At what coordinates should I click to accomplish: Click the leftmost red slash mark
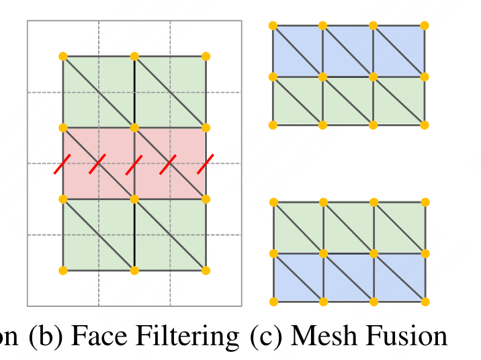[63, 164]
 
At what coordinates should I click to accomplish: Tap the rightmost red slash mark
[206, 164]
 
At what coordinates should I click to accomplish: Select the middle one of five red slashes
[134, 164]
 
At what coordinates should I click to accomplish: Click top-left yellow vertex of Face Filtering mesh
[63, 56]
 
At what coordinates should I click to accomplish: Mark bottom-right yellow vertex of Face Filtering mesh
[206, 271]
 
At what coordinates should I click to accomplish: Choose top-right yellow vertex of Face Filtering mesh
[206, 56]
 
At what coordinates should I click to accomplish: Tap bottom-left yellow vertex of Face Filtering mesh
[63, 271]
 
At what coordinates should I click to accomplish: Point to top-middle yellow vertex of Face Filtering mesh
[134, 56]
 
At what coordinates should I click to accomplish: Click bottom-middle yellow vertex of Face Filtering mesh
[134, 271]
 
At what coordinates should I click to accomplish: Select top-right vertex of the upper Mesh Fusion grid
[425, 26]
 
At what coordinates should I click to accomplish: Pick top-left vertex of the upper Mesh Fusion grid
[273, 26]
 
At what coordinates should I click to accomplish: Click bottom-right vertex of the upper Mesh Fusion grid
[425, 125]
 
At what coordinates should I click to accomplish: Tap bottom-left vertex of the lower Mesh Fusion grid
[273, 302]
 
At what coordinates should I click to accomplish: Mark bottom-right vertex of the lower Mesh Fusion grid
[425, 302]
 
